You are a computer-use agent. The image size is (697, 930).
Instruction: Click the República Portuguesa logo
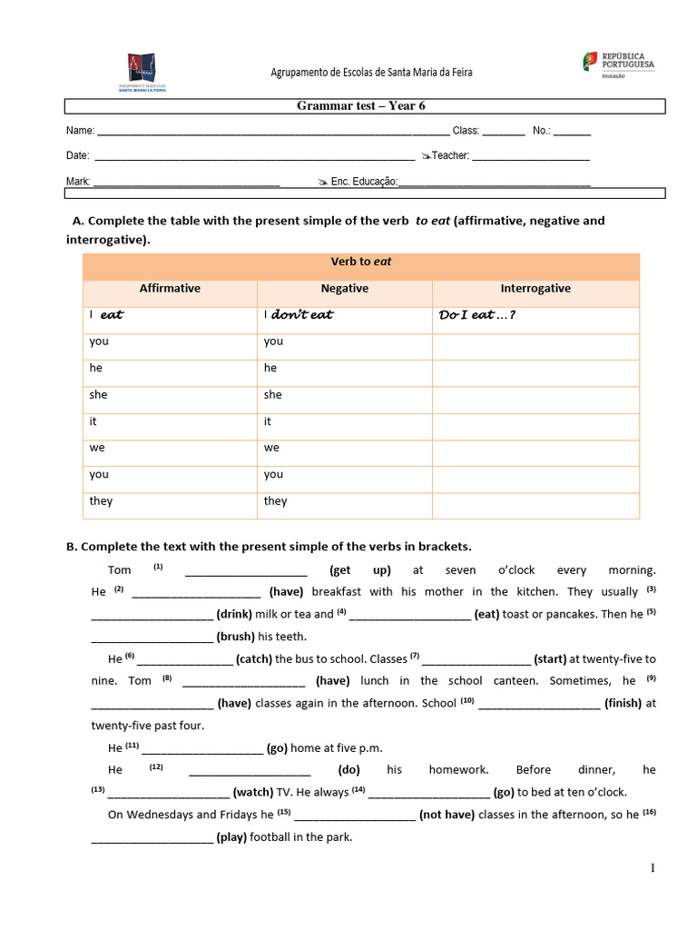click(x=618, y=64)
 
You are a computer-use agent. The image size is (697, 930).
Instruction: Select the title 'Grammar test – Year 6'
click(x=361, y=106)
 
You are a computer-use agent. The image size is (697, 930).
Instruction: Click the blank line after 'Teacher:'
click(x=531, y=157)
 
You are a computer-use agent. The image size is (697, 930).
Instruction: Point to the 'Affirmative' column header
click(x=170, y=289)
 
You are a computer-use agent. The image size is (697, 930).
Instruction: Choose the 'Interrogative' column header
click(x=535, y=289)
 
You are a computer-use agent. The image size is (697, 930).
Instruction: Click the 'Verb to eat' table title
click(x=361, y=262)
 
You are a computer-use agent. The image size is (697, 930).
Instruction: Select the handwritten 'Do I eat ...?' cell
click(x=471, y=315)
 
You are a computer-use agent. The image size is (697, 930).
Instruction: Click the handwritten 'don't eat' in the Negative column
click(x=302, y=315)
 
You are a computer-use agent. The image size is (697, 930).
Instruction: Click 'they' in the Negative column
click(x=275, y=501)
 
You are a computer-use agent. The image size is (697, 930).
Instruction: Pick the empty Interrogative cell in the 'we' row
click(x=535, y=448)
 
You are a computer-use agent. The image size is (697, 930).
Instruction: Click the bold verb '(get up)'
click(x=360, y=570)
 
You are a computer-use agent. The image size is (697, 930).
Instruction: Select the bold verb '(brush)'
click(x=235, y=637)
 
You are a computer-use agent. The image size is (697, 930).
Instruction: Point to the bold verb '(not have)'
click(x=447, y=815)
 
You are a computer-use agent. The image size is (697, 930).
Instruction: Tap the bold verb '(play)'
click(x=231, y=837)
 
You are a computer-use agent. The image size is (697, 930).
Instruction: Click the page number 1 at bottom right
click(x=652, y=869)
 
